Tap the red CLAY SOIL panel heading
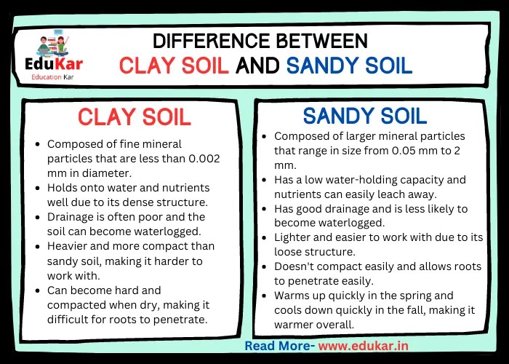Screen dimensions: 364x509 [x=135, y=116]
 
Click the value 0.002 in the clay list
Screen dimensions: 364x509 [x=200, y=159]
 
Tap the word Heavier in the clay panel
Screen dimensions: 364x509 [x=67, y=246]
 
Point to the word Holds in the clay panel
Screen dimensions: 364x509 [x=63, y=188]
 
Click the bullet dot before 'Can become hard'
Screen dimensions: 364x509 [x=38, y=290]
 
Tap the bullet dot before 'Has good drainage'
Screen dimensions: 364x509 [x=265, y=209]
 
